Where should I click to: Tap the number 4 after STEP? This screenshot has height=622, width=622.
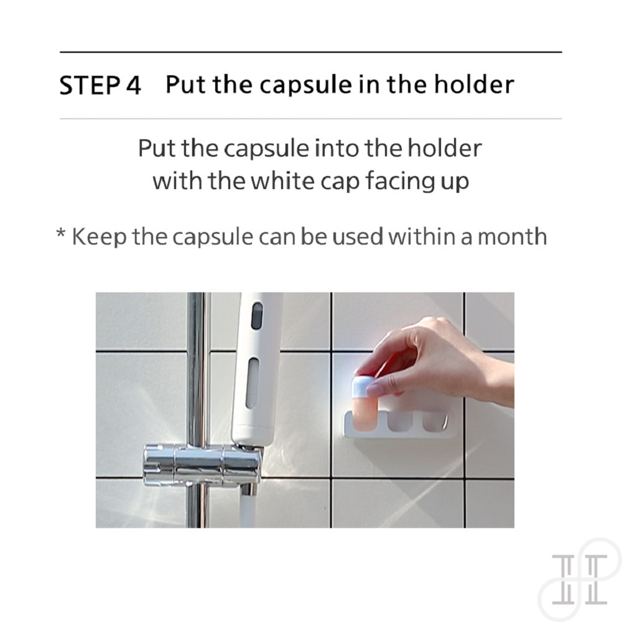(x=133, y=85)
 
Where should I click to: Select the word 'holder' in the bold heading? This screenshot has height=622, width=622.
(x=473, y=84)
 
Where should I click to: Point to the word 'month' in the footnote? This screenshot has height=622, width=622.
(x=512, y=236)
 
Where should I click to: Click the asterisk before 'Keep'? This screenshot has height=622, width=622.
(x=61, y=233)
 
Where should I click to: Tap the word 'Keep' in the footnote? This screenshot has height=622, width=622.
(x=99, y=236)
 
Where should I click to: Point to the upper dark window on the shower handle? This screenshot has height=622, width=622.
(x=257, y=316)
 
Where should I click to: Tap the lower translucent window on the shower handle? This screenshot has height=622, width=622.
(x=252, y=383)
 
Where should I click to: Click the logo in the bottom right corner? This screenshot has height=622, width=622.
(x=580, y=580)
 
